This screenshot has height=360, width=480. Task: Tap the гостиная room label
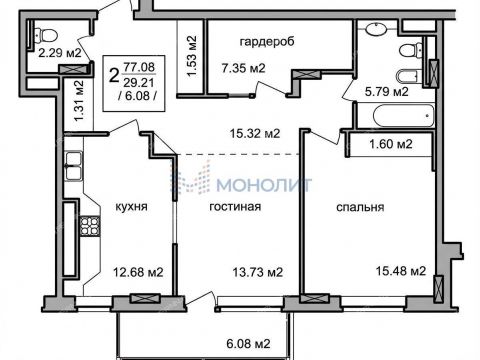click(235, 208)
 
